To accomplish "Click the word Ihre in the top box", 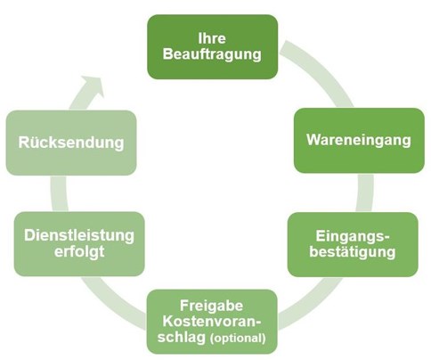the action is coord(212,38).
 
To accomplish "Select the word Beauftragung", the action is coord(212,55).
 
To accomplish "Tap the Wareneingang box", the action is coord(359,140).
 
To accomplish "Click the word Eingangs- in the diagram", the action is coord(353,236).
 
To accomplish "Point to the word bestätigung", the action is coord(353,252).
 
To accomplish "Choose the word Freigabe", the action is coord(212,306).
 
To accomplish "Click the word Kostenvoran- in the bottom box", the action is coord(212,322).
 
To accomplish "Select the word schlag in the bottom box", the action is coord(182,338).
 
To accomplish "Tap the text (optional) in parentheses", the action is coord(238,339).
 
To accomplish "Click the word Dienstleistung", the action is coord(79,235).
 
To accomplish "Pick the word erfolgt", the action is coord(79,252).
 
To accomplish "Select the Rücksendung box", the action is coord(71,143).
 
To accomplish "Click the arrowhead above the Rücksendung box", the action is coord(94,86).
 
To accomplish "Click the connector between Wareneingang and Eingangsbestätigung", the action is coord(365,192).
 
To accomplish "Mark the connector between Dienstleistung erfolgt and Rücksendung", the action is coord(60,193).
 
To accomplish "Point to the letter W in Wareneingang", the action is coord(313,140).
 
